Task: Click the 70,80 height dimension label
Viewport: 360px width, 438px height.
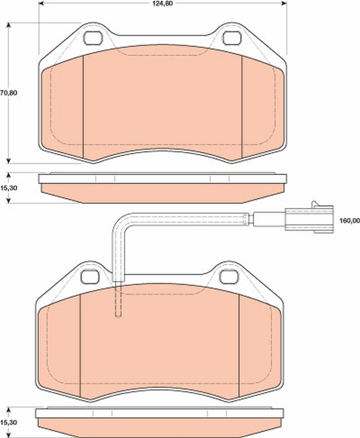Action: tap(9, 93)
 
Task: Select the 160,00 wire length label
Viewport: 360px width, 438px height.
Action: tap(350, 221)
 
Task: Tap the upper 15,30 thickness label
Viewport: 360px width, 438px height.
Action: tap(9, 188)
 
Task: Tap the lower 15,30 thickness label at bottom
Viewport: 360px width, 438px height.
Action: tap(9, 423)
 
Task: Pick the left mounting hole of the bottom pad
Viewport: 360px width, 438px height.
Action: tap(88, 277)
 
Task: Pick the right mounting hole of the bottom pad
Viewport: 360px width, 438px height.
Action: tap(227, 277)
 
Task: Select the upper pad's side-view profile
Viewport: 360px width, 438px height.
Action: tap(162, 187)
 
